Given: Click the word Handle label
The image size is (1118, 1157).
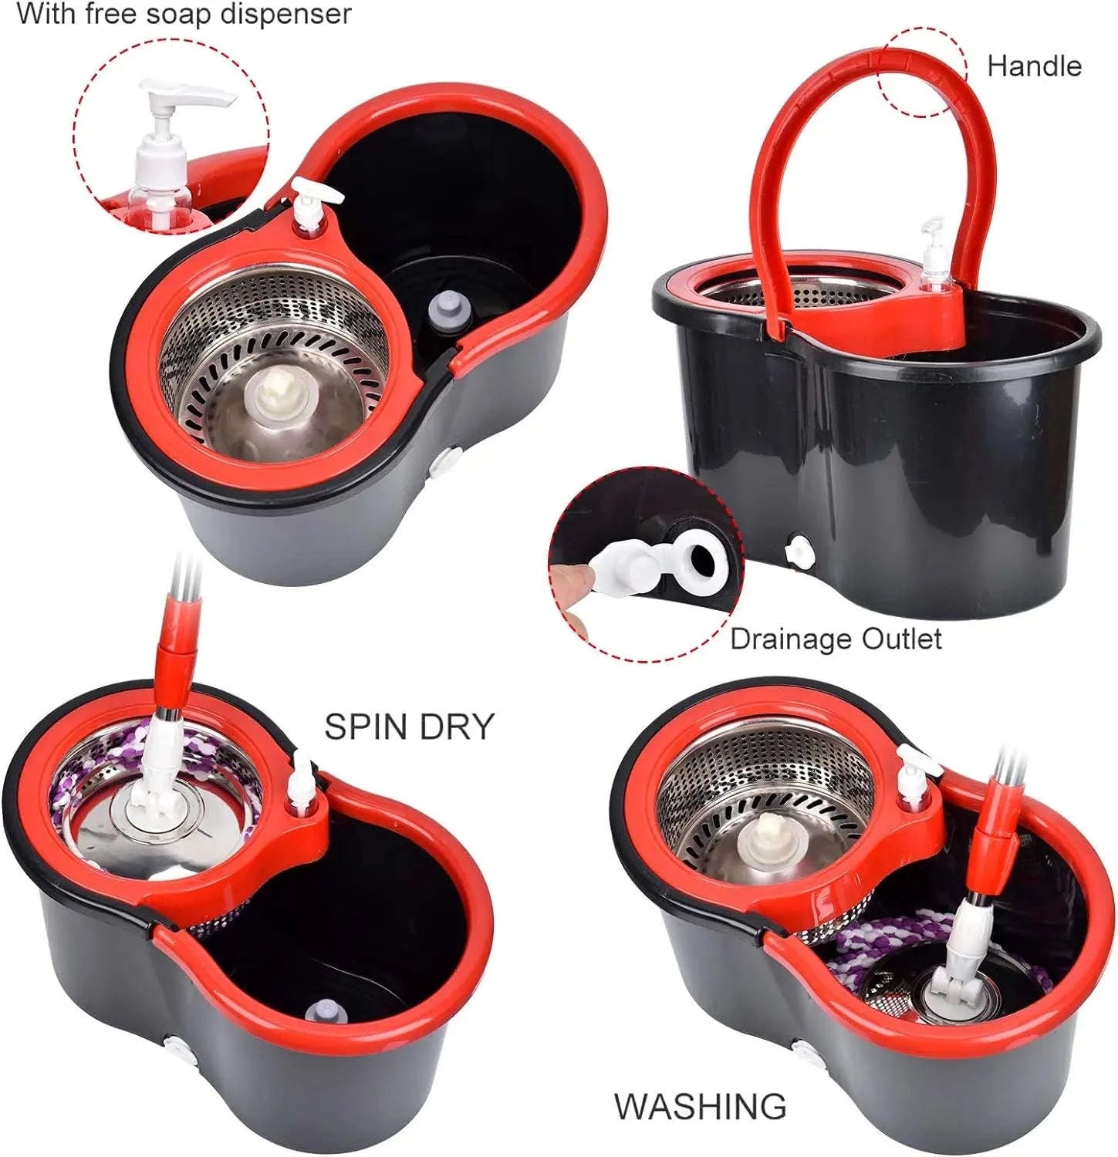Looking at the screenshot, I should pyautogui.click(x=1034, y=66).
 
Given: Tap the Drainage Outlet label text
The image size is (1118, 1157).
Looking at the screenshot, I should pyautogui.click(x=836, y=639).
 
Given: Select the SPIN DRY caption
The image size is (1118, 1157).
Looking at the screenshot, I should pyautogui.click(x=408, y=727).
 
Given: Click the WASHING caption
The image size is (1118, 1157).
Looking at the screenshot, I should pyautogui.click(x=700, y=1106).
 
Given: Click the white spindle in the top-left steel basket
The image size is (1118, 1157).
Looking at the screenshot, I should pyautogui.click(x=276, y=393).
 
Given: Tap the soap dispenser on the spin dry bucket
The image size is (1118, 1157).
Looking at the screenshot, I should pyautogui.click(x=302, y=785).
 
